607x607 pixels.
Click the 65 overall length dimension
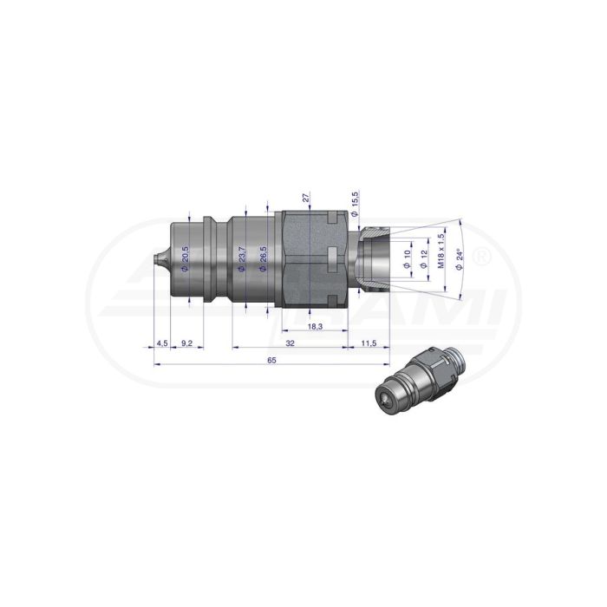pos(271,360)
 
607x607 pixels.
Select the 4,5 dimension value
pos(162,343)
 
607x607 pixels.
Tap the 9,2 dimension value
pos(186,343)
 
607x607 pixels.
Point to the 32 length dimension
pos(290,343)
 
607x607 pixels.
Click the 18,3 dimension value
pos(315,326)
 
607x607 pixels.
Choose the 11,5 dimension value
pos(369,343)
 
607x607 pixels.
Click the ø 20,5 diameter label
pos(185,259)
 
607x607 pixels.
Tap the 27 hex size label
pos(306,198)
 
